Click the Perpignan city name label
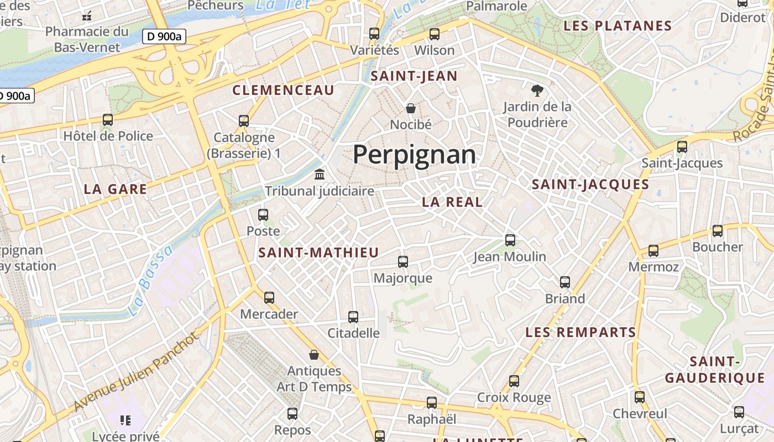pyautogui.click(x=414, y=155)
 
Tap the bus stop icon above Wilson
pyautogui.click(x=435, y=34)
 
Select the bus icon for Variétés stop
pyautogui.click(x=374, y=33)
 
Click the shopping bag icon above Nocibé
pyautogui.click(x=411, y=108)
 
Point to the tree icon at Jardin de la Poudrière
pyautogui.click(x=537, y=90)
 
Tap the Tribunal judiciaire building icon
pyautogui.click(x=320, y=175)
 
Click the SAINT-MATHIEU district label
pyautogui.click(x=318, y=253)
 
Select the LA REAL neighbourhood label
pyautogui.click(x=452, y=202)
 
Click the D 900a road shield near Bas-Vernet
pyautogui.click(x=164, y=37)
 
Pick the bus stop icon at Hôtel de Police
pyautogui.click(x=108, y=119)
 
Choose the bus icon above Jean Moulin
pyautogui.click(x=510, y=240)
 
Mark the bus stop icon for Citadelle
pyautogui.click(x=353, y=317)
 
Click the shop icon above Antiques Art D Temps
pyautogui.click(x=314, y=354)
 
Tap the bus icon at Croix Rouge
pyautogui.click(x=514, y=381)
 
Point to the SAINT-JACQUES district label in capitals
pyautogui.click(x=590, y=185)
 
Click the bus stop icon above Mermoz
pyautogui.click(x=653, y=251)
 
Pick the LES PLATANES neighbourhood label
pyautogui.click(x=618, y=26)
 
